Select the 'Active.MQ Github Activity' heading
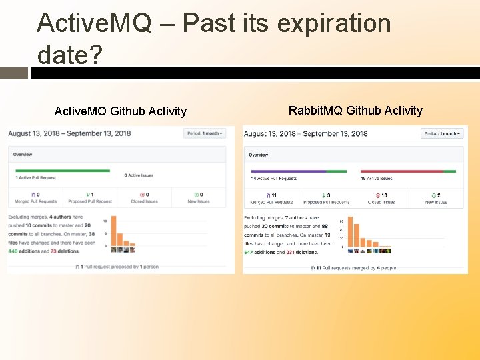(120, 111)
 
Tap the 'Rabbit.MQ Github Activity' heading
(355, 111)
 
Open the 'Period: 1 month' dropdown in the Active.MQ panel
(205, 133)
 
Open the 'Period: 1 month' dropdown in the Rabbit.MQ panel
(441, 133)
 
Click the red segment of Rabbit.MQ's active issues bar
(402, 171)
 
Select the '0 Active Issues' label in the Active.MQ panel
(139, 176)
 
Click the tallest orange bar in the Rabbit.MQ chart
(351, 233)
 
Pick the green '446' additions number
(13, 251)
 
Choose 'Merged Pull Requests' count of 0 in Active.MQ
(37, 195)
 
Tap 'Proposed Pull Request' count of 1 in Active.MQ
(91, 195)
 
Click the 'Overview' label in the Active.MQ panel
(23, 155)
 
